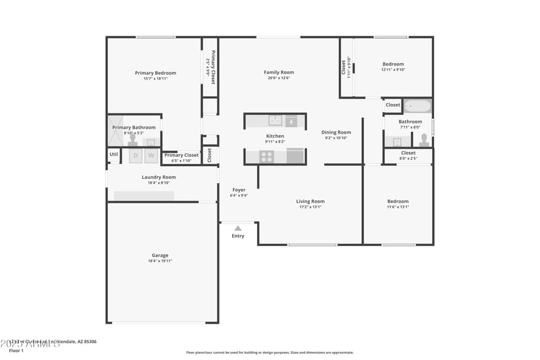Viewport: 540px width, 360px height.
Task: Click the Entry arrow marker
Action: tap(238, 228)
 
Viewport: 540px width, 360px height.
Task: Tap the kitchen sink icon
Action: tap(275, 121)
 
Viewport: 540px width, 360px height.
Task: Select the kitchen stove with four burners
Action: tap(267, 157)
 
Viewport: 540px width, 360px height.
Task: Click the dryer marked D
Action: tap(135, 156)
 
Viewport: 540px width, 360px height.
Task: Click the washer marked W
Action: tap(151, 156)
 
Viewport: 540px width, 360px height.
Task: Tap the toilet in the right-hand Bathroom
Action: tap(424, 140)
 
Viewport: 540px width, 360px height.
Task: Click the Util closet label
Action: tap(113, 155)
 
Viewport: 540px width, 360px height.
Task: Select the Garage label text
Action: tap(160, 255)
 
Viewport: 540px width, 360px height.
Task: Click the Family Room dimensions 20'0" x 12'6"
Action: tap(279, 78)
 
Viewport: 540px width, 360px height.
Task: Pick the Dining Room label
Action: tap(335, 132)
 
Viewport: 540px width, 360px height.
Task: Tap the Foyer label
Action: tap(239, 190)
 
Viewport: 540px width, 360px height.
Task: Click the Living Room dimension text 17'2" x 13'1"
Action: tap(310, 207)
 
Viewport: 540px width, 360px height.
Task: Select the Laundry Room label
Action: tap(159, 177)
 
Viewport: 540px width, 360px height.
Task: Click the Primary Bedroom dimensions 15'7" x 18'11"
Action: tap(155, 79)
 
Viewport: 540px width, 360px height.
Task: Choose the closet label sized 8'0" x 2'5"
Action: tap(408, 159)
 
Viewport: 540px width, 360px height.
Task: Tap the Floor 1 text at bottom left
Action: tap(16, 351)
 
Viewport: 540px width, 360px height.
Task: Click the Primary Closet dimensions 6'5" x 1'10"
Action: tap(182, 161)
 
